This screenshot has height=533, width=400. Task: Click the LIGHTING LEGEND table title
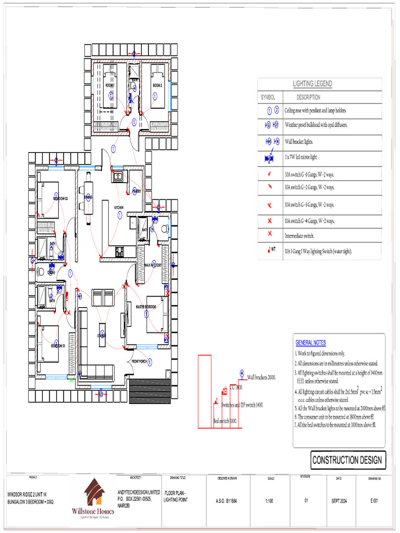tap(312, 84)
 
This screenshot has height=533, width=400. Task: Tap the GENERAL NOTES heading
tap(310, 342)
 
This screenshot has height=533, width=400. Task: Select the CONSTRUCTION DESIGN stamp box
tap(347, 460)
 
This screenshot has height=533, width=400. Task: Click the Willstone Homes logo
tap(92, 499)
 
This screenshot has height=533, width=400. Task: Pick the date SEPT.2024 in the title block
tap(339, 501)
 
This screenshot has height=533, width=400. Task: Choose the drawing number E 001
tap(374, 501)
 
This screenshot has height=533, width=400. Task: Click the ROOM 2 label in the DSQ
tap(157, 85)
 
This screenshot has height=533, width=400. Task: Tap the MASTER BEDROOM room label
tap(147, 307)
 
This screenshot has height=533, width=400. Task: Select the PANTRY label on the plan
tap(137, 191)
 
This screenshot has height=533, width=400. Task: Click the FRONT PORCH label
tap(139, 361)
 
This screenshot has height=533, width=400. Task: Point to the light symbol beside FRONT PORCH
tap(151, 361)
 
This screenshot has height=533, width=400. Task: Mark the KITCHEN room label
tap(119, 207)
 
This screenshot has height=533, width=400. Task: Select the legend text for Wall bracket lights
tap(299, 142)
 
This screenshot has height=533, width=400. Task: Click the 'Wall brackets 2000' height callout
tap(261, 377)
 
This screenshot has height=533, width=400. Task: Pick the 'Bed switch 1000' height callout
tap(224, 421)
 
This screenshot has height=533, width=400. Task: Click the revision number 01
tap(306, 501)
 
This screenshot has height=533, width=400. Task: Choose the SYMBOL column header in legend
tap(269, 97)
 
